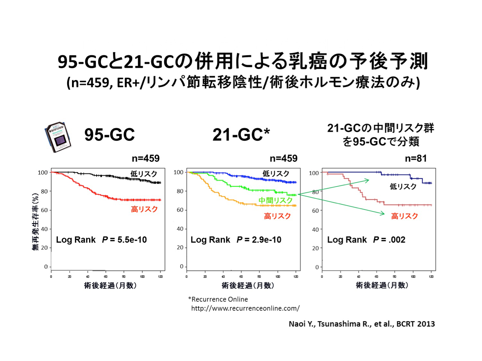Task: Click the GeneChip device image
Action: (x=58, y=137)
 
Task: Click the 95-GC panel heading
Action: (x=110, y=134)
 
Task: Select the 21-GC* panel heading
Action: (x=241, y=134)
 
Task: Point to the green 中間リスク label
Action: (x=275, y=201)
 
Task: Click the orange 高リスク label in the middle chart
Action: (x=277, y=216)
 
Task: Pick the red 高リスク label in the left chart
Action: (x=144, y=210)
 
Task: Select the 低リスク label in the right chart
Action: (x=403, y=186)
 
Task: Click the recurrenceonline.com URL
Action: (x=245, y=308)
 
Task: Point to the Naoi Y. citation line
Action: (x=362, y=324)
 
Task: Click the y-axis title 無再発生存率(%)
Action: (x=35, y=221)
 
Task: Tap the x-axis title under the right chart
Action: (x=382, y=285)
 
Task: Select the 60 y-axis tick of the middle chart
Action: (x=180, y=210)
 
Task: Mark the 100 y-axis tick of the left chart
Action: (x=42, y=173)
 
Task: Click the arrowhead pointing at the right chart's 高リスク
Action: (x=383, y=214)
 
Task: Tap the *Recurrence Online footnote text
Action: (x=218, y=299)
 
